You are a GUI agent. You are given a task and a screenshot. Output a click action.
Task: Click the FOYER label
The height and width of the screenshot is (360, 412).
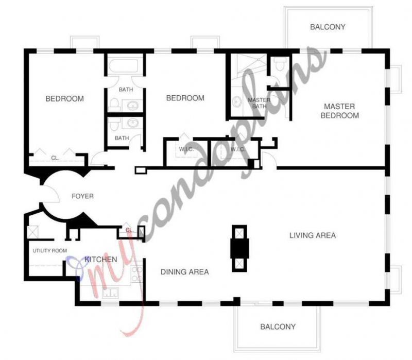click(x=82, y=196)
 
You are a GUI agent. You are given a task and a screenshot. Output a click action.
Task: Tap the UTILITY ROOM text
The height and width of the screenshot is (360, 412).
click(x=50, y=251)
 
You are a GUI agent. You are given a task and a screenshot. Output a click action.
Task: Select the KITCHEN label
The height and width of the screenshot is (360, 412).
click(x=101, y=259)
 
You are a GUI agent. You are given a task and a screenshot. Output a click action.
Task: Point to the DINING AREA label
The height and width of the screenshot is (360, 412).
click(x=184, y=271)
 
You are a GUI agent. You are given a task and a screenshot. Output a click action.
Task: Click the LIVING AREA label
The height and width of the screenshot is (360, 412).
click(x=312, y=235)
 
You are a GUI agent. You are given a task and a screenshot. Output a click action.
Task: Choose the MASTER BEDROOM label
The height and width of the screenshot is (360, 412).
click(x=339, y=111)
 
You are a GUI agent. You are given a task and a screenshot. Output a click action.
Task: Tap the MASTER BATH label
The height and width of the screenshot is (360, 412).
click(x=256, y=103)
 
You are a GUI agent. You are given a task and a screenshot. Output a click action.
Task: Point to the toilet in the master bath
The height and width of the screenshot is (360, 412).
click(x=280, y=65)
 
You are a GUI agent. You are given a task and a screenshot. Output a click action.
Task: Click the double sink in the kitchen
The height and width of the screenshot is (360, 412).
click(x=110, y=293)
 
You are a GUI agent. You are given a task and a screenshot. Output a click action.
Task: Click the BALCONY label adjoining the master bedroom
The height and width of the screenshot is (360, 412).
click(x=328, y=27)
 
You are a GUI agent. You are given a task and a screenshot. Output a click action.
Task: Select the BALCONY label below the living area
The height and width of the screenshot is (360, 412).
click(x=278, y=327)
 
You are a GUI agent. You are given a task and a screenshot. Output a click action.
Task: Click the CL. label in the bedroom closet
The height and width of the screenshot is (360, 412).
click(x=55, y=158)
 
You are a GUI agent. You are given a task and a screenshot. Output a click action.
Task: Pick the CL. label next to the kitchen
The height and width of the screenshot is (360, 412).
click(x=129, y=230)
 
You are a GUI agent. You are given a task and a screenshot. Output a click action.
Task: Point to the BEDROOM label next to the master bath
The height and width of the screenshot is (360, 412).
click(x=185, y=98)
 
